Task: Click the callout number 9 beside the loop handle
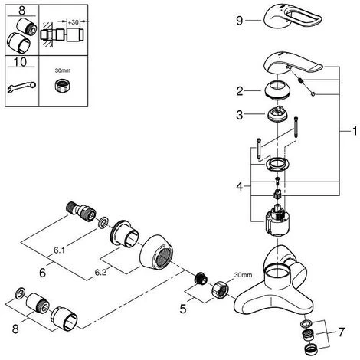tap(239, 21)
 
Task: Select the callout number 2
tap(240, 91)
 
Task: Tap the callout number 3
tap(240, 115)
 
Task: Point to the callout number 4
tap(240, 186)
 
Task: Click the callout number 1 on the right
tap(355, 131)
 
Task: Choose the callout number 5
tap(183, 309)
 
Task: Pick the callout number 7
tap(341, 332)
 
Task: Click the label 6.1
tap(59, 250)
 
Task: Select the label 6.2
tap(100, 273)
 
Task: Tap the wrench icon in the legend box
tap(21, 86)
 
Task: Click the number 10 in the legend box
tap(21, 62)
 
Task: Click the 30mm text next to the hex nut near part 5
tap(243, 275)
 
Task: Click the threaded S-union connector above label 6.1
tap(80, 212)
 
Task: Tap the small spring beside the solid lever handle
tap(301, 81)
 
